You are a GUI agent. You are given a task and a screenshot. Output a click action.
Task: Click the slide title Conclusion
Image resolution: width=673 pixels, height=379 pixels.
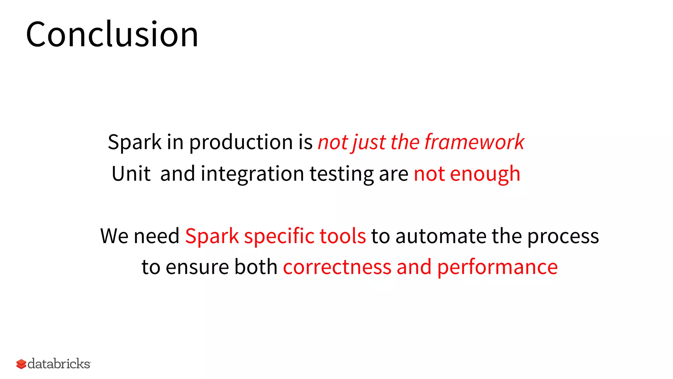[x=112, y=34]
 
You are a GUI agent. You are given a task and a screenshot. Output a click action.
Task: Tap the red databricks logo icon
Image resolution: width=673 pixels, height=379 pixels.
[x=21, y=364]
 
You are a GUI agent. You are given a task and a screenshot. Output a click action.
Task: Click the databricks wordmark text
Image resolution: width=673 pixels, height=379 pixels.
[x=59, y=364]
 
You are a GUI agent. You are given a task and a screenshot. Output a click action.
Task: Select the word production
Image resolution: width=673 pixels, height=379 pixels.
[x=241, y=142]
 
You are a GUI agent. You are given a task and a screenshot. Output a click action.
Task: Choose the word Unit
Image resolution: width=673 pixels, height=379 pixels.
[x=131, y=173]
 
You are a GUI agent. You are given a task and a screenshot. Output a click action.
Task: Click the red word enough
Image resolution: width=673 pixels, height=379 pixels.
[x=485, y=174]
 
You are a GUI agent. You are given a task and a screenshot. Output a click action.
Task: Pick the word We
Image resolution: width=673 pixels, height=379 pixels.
[x=114, y=236]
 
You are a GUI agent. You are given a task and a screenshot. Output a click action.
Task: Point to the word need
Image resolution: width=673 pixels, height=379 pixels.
[x=156, y=236]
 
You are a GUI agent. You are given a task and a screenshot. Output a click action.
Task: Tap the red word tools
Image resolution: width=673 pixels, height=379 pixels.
[x=342, y=236]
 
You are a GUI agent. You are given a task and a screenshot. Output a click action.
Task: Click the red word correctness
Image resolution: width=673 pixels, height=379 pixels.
[x=337, y=267]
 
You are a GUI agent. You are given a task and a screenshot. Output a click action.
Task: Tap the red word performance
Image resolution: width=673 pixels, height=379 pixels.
[x=497, y=267]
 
